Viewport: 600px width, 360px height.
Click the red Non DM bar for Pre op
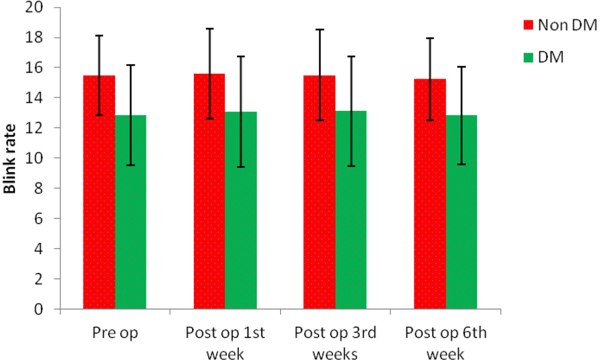[99, 192]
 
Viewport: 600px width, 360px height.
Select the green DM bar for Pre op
[130, 212]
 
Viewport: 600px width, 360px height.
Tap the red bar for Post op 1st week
[209, 191]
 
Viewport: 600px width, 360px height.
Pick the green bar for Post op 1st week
[241, 210]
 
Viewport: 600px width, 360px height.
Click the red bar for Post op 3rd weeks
[320, 192]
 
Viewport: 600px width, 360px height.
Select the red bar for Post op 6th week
[430, 194]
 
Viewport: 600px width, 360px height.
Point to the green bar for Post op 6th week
[461, 212]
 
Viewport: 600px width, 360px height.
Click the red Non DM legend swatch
[529, 25]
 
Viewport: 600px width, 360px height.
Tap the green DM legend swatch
[529, 58]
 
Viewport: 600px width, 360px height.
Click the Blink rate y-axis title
[10, 158]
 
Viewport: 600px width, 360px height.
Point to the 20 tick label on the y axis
[34, 7]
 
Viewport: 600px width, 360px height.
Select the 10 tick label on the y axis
[34, 158]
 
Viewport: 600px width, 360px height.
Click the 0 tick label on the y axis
[38, 309]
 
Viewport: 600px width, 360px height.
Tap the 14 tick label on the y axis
[34, 98]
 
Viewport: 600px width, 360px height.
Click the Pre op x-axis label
[115, 333]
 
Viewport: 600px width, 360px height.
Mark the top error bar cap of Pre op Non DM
[99, 35]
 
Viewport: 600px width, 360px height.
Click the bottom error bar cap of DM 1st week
[241, 167]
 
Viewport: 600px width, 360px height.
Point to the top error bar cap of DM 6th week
[461, 67]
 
